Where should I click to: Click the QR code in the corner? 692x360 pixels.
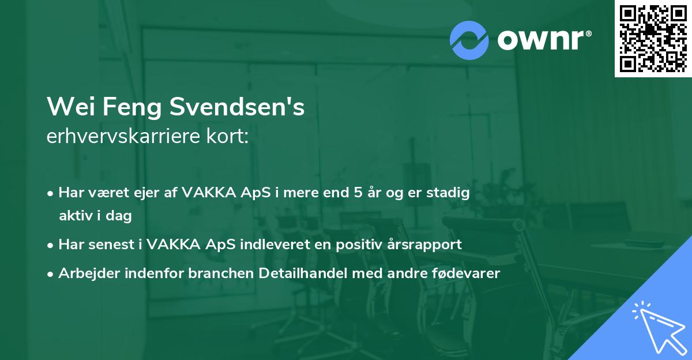point(653,38)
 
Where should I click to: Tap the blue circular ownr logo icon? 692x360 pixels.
point(469,40)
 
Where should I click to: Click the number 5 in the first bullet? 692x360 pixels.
point(358,193)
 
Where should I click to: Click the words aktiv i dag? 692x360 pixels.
point(95,216)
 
